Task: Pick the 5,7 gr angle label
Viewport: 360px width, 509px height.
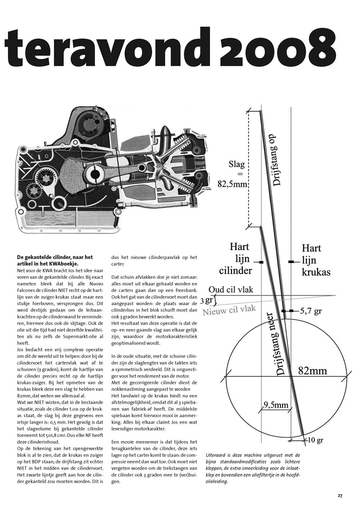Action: [311, 311]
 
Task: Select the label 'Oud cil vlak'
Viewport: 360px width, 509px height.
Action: [231, 290]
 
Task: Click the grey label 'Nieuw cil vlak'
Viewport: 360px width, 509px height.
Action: [229, 310]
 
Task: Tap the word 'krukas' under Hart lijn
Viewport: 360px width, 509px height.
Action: [316, 272]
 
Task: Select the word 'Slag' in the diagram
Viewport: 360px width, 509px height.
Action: [237, 165]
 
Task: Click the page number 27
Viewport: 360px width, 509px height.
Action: [340, 496]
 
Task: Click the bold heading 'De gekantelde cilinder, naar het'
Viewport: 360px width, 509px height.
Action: [55, 257]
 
